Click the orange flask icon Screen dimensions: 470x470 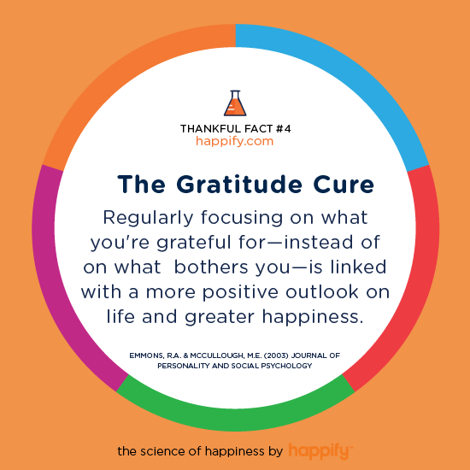coord(235,103)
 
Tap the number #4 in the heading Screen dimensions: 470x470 coord(283,129)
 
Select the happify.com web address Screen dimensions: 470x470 coord(235,142)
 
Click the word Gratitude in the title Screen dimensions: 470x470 coord(239,184)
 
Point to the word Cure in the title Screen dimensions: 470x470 coord(344,184)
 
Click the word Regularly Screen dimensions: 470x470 coord(148,219)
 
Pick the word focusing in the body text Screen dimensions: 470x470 coord(242,219)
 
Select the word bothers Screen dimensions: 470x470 coord(211,267)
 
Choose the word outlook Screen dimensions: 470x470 coord(322,291)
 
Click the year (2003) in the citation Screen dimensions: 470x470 coord(276,355)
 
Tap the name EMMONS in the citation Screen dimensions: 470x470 coord(146,355)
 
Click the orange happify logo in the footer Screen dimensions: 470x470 coord(320,451)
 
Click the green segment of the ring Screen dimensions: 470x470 coord(236,420)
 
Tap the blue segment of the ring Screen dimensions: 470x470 coord(354,78)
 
